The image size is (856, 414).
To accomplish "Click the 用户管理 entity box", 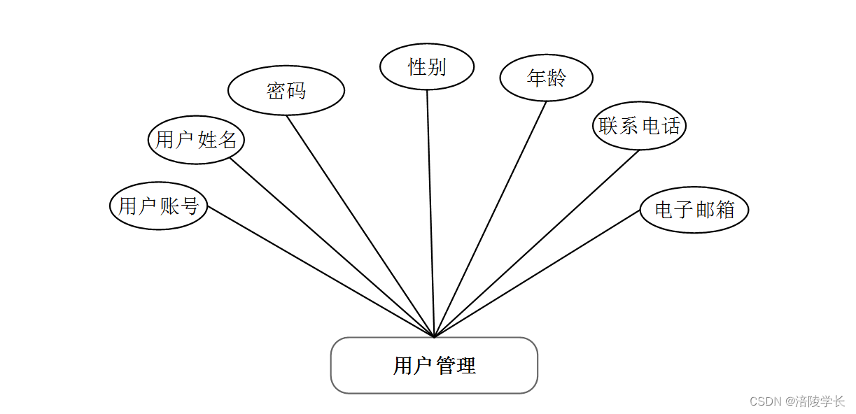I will pyautogui.click(x=434, y=365).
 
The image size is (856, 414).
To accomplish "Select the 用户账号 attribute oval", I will pyautogui.click(x=159, y=206).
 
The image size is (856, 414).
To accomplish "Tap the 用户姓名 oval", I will pyautogui.click(x=196, y=140).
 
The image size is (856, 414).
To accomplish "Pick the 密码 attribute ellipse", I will pyautogui.click(x=286, y=90).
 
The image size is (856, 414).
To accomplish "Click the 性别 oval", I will pyautogui.click(x=427, y=67).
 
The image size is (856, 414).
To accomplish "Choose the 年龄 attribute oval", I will pyautogui.click(x=546, y=78).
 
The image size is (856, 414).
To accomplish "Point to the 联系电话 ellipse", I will pyautogui.click(x=639, y=126).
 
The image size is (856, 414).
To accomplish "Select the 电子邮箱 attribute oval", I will pyautogui.click(x=694, y=210).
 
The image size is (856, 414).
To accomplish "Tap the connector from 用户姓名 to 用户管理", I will pyautogui.click(x=332, y=248).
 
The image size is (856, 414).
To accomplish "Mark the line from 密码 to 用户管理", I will pyautogui.click(x=360, y=226).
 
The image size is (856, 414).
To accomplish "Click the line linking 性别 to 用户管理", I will pyautogui.click(x=430, y=213).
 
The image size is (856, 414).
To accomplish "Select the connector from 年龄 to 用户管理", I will pyautogui.click(x=490, y=220).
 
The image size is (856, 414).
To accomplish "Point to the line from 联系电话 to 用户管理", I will pyautogui.click(x=537, y=243).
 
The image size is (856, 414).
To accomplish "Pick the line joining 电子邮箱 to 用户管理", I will pyautogui.click(x=537, y=273).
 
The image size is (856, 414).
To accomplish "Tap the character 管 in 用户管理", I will pyautogui.click(x=446, y=366).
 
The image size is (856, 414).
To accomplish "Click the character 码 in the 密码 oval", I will pyautogui.click(x=297, y=90).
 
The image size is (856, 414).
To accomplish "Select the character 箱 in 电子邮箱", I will pyautogui.click(x=725, y=210).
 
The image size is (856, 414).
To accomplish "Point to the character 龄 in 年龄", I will pyautogui.click(x=556, y=78).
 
